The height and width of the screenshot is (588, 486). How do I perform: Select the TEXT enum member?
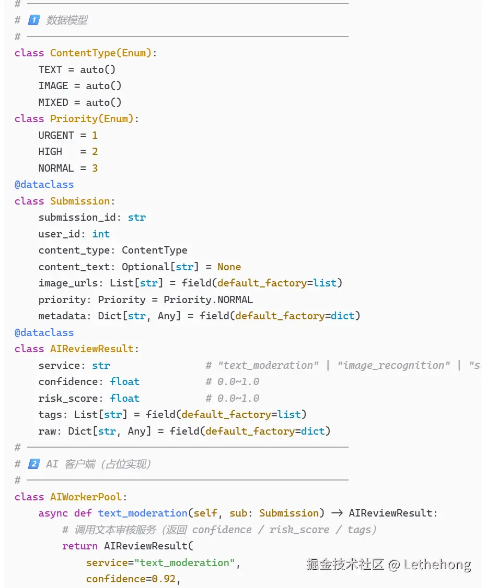(50, 69)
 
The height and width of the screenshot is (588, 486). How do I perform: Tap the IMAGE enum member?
(53, 86)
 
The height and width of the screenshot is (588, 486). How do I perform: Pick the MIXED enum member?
(53, 102)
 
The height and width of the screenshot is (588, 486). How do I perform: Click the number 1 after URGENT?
(95, 135)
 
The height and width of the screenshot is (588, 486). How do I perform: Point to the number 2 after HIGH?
(95, 152)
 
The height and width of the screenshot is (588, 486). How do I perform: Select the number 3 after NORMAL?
(95, 168)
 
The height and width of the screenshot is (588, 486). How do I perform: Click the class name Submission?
(80, 201)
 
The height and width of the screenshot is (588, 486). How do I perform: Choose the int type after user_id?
(101, 234)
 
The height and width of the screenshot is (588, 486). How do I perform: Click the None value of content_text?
(229, 267)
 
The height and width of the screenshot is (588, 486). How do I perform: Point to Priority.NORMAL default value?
(208, 299)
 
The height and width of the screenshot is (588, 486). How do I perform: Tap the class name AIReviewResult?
(92, 349)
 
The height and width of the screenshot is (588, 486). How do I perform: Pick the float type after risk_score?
(125, 398)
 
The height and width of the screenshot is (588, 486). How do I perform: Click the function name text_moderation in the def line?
(143, 513)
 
